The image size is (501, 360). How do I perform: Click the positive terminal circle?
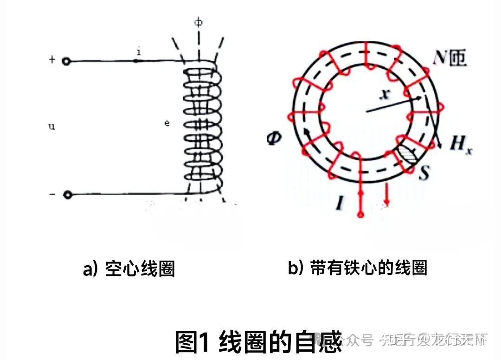coord(67,61)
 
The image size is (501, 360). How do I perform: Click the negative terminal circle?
coord(68,195)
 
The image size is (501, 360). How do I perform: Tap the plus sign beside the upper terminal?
coord(52,60)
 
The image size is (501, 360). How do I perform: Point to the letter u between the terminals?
coord(52,126)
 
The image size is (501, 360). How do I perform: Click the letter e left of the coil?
coord(167,124)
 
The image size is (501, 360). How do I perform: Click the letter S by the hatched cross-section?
coord(423,174)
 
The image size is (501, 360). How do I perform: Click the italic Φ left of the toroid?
coord(274,138)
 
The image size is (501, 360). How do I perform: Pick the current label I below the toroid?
coord(340,203)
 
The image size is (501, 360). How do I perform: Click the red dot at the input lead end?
coord(360,214)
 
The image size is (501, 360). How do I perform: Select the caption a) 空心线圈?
coord(128,269)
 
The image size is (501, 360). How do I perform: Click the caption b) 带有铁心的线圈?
coord(357,268)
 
